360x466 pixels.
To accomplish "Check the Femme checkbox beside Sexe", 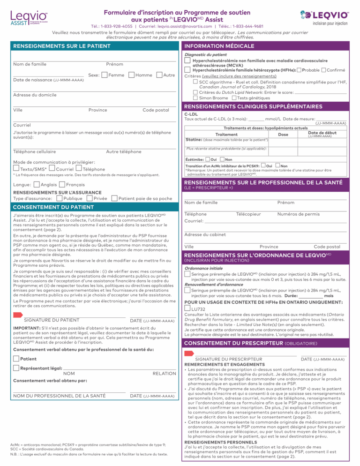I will pyautogui.click(x=105, y=75).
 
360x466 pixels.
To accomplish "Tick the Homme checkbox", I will pyautogui.click(x=131, y=75).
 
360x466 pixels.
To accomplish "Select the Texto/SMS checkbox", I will pyautogui.click(x=16, y=168).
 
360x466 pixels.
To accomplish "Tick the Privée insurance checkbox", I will pyautogui.click(x=90, y=198).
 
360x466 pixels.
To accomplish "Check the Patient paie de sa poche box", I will pyautogui.click(x=114, y=198).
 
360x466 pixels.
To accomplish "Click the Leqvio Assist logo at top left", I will pyautogui.click(x=28, y=18).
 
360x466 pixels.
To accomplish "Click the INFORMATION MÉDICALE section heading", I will pyautogui.click(x=216, y=47).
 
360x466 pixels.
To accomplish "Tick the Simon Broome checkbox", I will pyautogui.click(x=195, y=98).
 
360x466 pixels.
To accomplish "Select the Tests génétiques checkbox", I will pyautogui.click(x=234, y=98).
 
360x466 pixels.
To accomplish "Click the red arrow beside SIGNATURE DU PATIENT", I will pyautogui.click(x=18, y=314).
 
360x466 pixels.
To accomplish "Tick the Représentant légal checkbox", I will pyautogui.click(x=16, y=368).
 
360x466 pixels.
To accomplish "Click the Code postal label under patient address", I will pyautogui.click(x=156, y=110).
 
